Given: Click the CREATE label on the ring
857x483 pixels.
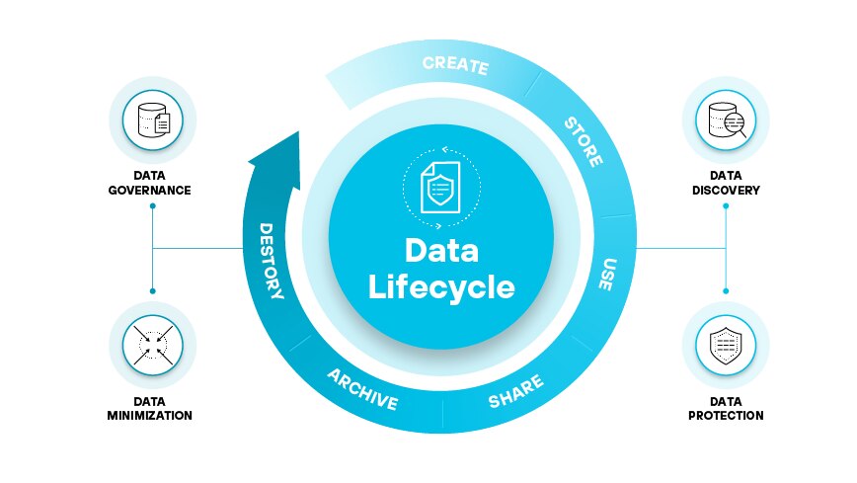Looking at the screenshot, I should tap(455, 66).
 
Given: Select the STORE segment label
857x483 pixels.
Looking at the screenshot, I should tap(583, 141).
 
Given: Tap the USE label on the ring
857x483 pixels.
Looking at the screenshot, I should tap(609, 275).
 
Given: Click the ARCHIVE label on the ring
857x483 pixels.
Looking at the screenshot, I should tap(362, 390).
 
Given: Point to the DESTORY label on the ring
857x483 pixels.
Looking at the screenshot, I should tap(272, 262).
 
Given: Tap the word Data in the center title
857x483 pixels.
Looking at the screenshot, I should tap(441, 250).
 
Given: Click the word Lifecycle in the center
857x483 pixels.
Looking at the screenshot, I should tap(441, 286).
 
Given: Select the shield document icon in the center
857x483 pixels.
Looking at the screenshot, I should tap(441, 185).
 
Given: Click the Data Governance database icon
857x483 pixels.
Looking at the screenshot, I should tap(153, 121).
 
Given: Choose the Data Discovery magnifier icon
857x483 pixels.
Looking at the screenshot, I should tap(726, 121).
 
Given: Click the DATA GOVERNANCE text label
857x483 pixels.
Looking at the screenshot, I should tap(149, 183).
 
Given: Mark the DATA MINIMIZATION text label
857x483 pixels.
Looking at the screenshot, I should tap(149, 409).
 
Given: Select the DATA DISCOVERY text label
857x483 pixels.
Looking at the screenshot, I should tap(726, 183).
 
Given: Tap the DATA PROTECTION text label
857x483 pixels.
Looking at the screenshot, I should tap(726, 409).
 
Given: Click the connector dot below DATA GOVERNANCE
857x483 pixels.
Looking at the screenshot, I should tap(153, 206).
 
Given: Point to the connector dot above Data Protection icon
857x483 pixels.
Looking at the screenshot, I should tap(726, 290).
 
